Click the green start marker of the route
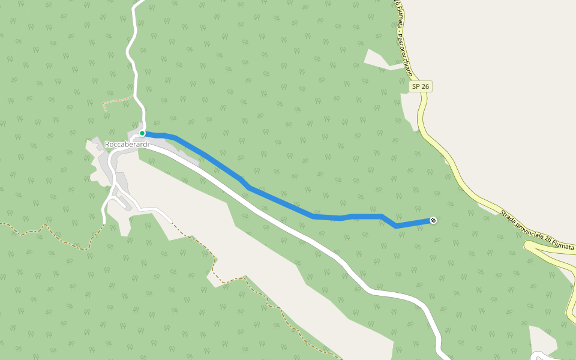pyautogui.click(x=142, y=133)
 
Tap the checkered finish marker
pyautogui.click(x=433, y=221)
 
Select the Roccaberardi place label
pyautogui.click(x=127, y=145)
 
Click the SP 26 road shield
pyautogui.click(x=421, y=86)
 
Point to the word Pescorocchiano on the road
pyautogui.click(x=404, y=53)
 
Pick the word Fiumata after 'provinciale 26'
pyautogui.click(x=560, y=246)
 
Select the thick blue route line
pyautogui.click(x=276, y=202)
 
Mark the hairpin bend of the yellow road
pyautogui.click(x=528, y=245)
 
